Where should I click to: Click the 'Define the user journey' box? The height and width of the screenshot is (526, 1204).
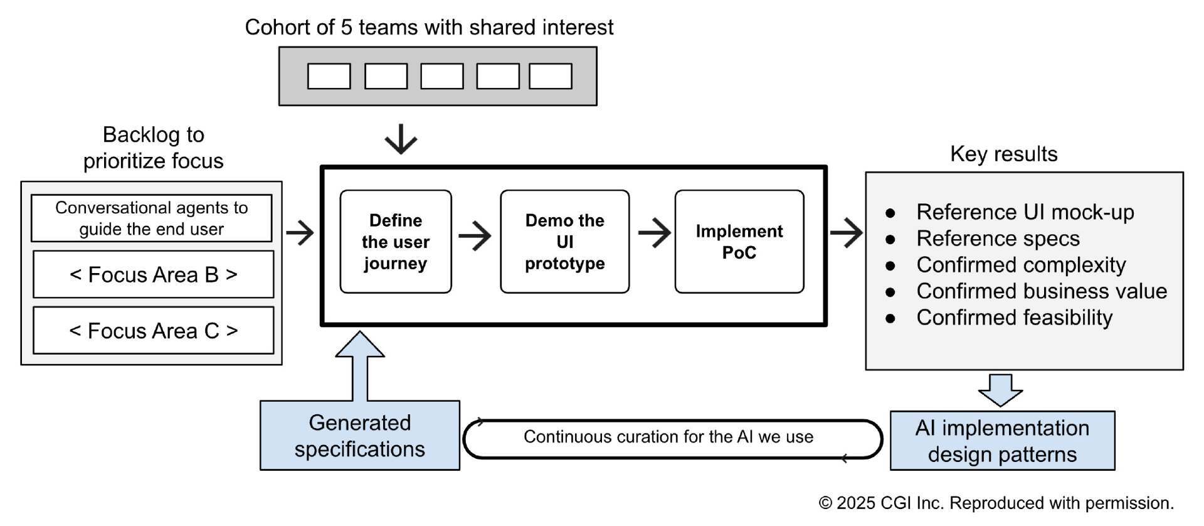(x=395, y=242)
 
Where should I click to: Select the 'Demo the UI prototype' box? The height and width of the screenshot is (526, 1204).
(x=564, y=242)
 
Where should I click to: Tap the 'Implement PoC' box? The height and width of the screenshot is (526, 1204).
(x=739, y=242)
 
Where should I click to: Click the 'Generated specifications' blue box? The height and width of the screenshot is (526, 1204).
(x=359, y=436)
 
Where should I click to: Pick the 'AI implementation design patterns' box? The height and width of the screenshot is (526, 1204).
(x=1002, y=441)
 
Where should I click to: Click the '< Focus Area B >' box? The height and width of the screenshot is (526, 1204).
(x=153, y=274)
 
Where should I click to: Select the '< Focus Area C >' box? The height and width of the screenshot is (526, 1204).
(x=153, y=330)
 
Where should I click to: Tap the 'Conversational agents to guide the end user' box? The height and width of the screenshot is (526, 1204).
(x=151, y=218)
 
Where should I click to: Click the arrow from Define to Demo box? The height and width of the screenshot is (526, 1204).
(x=475, y=236)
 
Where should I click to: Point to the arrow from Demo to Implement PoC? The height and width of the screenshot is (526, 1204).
(x=654, y=233)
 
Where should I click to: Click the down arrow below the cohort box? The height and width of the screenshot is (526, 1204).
(x=401, y=139)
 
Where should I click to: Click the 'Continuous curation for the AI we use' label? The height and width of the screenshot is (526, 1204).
(x=668, y=437)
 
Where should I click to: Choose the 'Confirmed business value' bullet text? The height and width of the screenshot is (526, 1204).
(x=1041, y=291)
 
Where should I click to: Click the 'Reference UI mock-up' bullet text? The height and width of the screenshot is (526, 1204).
(x=1025, y=212)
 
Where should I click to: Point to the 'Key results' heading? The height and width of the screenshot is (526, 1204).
(x=1003, y=154)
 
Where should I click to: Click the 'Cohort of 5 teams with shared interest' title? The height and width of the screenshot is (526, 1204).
(x=429, y=27)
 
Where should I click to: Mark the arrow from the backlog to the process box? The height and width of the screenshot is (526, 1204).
(x=300, y=233)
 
